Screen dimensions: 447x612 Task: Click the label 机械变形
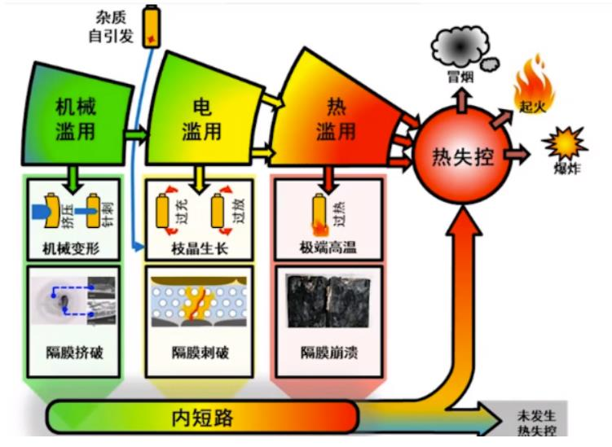click(x=70, y=249)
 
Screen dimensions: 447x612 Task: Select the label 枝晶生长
click(x=200, y=249)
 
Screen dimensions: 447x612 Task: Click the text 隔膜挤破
click(x=70, y=353)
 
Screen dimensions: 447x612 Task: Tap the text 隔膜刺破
click(x=199, y=353)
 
